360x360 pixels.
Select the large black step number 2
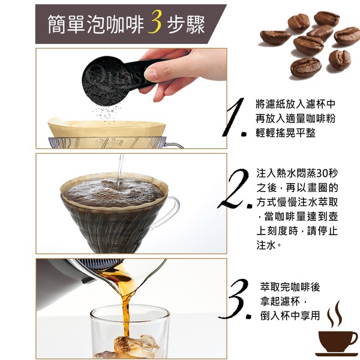point(235,189)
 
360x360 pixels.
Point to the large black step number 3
point(235,299)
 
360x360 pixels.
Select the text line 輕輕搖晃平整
point(286,133)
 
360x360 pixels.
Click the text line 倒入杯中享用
point(290,316)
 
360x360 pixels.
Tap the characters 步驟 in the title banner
point(186,25)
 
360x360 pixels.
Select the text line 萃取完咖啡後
point(290,287)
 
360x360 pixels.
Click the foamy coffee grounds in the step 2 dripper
point(114,193)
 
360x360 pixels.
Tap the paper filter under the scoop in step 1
point(107,128)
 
